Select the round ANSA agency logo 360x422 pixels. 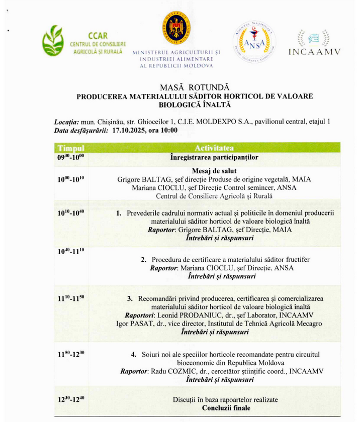[254, 39]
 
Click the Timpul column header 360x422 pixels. [70, 148]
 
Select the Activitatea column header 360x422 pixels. [214, 148]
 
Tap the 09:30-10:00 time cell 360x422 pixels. [70, 157]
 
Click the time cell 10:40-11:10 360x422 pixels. [70, 251]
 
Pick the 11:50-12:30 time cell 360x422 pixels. [70, 355]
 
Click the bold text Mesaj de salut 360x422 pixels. [214, 170]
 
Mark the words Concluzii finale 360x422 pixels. [226, 407]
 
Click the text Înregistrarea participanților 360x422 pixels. [214, 157]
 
